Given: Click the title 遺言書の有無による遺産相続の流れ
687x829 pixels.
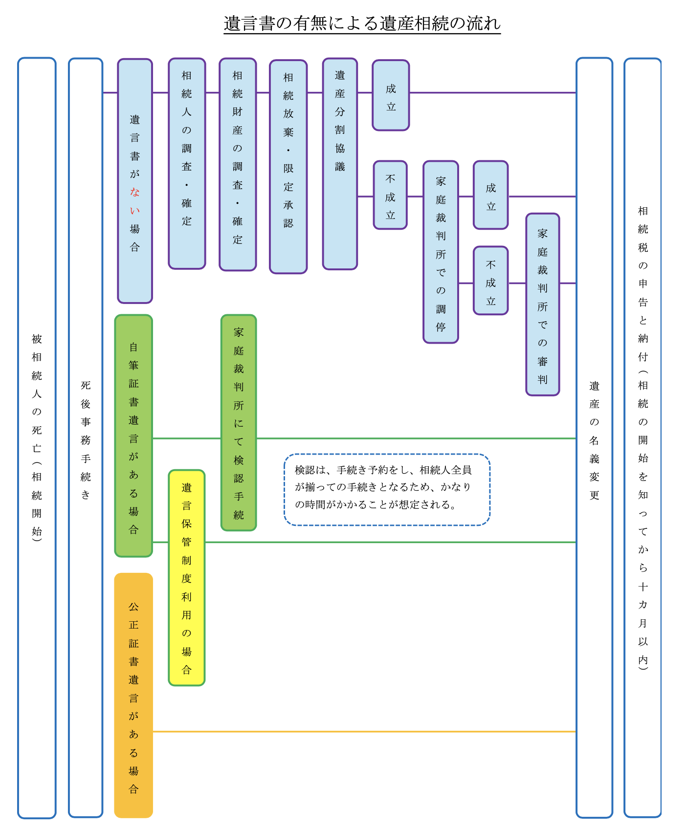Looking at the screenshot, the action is click(x=362, y=23).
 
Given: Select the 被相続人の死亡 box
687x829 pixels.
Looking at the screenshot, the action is click(x=37, y=438).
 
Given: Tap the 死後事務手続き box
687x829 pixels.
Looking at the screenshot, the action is click(x=86, y=438).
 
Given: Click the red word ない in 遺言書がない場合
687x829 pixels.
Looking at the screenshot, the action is click(x=135, y=201).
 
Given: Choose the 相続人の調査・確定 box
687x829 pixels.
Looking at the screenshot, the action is click(x=187, y=164).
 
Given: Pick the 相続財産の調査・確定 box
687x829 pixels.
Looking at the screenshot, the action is click(x=238, y=165).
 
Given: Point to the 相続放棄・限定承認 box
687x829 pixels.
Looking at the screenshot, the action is click(x=288, y=167).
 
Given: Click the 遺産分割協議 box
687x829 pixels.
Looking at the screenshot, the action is click(x=340, y=164).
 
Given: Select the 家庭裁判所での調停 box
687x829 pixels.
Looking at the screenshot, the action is click(x=441, y=252).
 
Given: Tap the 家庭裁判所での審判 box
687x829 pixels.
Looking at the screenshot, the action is click(x=543, y=305).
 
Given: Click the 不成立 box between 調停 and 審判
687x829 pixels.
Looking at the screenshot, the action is click(x=491, y=281).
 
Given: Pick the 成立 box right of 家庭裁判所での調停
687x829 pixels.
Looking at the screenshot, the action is click(x=491, y=195).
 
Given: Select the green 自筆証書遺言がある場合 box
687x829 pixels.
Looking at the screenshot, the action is click(x=133, y=436).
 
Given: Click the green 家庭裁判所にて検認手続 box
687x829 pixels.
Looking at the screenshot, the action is click(x=239, y=423).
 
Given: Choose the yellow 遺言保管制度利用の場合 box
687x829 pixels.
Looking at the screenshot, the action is click(x=187, y=578).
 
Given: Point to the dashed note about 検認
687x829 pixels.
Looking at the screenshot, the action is click(x=387, y=490).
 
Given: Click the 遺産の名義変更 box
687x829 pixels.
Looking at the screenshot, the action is click(x=595, y=438).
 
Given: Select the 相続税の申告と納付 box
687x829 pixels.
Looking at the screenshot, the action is click(x=643, y=438).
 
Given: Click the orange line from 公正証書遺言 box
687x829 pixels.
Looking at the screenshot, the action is click(x=365, y=732).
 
